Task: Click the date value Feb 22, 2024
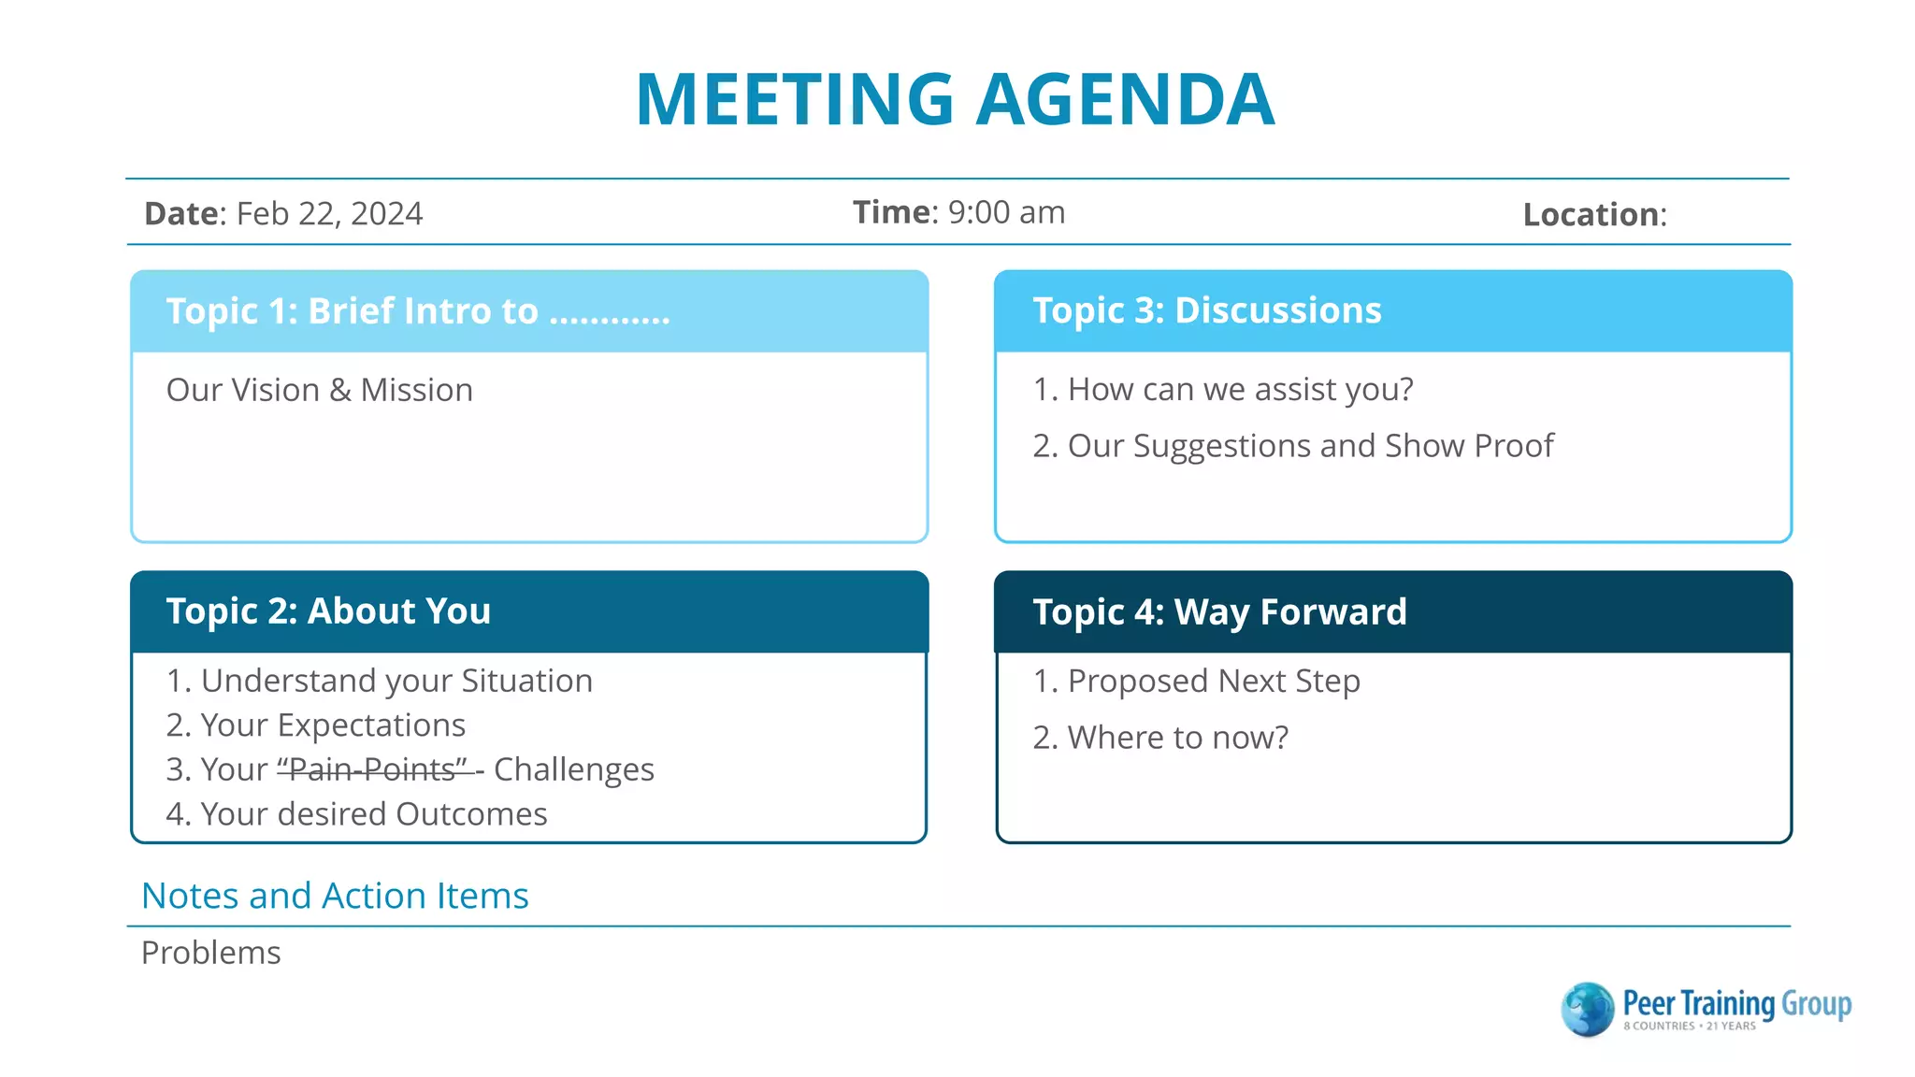[329, 214]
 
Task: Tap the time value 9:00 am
[1006, 212]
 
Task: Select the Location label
[1593, 215]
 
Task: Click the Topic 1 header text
[417, 311]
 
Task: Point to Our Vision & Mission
[320, 390]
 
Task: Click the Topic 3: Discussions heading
[1206, 310]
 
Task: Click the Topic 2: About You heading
[328, 611]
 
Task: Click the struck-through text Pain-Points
[372, 769]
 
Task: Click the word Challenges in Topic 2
[573, 769]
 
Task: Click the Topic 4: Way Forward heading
[1219, 612]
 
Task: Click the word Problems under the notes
[210, 953]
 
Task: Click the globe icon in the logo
[1587, 1010]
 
